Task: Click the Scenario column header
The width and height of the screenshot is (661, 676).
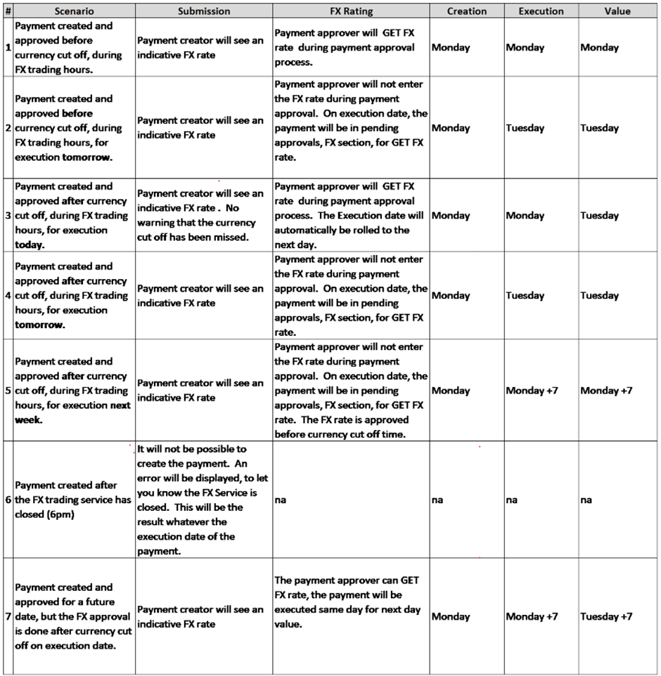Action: (x=69, y=11)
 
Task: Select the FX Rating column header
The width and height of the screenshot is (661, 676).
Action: (x=351, y=11)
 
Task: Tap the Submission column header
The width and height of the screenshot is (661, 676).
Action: (x=203, y=11)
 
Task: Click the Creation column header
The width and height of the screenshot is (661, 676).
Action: (x=466, y=11)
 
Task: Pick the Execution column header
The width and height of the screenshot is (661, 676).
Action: (x=541, y=11)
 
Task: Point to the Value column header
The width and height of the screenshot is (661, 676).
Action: (x=617, y=11)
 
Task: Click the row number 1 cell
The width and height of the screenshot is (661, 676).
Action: (x=7, y=48)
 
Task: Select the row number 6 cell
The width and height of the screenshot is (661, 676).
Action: (x=7, y=500)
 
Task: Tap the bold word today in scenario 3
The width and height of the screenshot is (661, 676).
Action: (x=28, y=245)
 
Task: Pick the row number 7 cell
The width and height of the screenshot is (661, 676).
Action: (x=7, y=616)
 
